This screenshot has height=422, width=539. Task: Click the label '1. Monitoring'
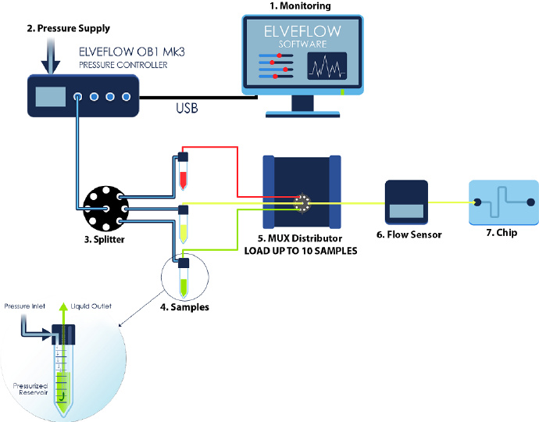coord(300,6)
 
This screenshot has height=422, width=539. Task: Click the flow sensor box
coord(406,202)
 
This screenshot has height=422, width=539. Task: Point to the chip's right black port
coord(531,202)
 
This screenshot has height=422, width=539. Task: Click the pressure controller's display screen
coord(52,97)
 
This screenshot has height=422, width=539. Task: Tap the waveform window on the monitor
coord(327,69)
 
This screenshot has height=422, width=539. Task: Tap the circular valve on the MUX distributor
coord(302,202)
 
